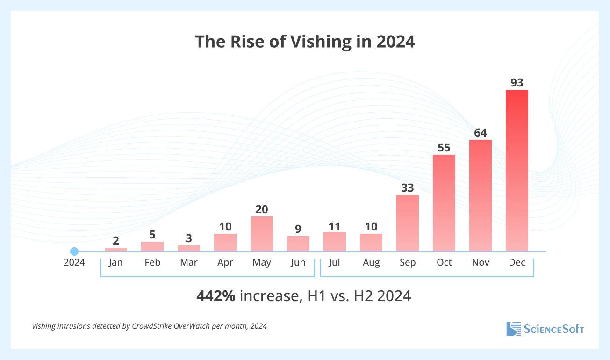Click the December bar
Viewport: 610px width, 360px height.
coord(517,171)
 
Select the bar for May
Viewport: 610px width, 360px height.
coord(262,234)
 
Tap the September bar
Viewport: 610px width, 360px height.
coord(408,223)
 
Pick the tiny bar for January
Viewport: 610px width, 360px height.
coord(116,250)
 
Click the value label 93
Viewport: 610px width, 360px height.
coord(517,83)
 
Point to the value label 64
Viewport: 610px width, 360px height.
coord(481,133)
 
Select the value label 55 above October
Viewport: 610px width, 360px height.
coord(444,148)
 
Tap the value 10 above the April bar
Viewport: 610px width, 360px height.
coord(225,227)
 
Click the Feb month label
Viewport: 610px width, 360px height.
coord(152,262)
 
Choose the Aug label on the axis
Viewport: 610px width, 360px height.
coord(371,262)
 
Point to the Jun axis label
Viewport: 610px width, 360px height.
coord(298,262)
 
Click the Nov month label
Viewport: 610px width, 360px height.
coord(481,262)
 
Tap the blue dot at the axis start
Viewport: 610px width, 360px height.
coord(74,252)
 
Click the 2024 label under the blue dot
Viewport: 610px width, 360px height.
coord(74,262)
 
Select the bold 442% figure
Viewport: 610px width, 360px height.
coord(216,296)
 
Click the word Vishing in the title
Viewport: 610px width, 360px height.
coord(320,42)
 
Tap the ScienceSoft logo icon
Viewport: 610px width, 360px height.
coord(513,329)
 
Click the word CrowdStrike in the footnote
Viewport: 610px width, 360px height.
coord(153,326)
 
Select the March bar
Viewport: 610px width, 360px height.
coord(189,248)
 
